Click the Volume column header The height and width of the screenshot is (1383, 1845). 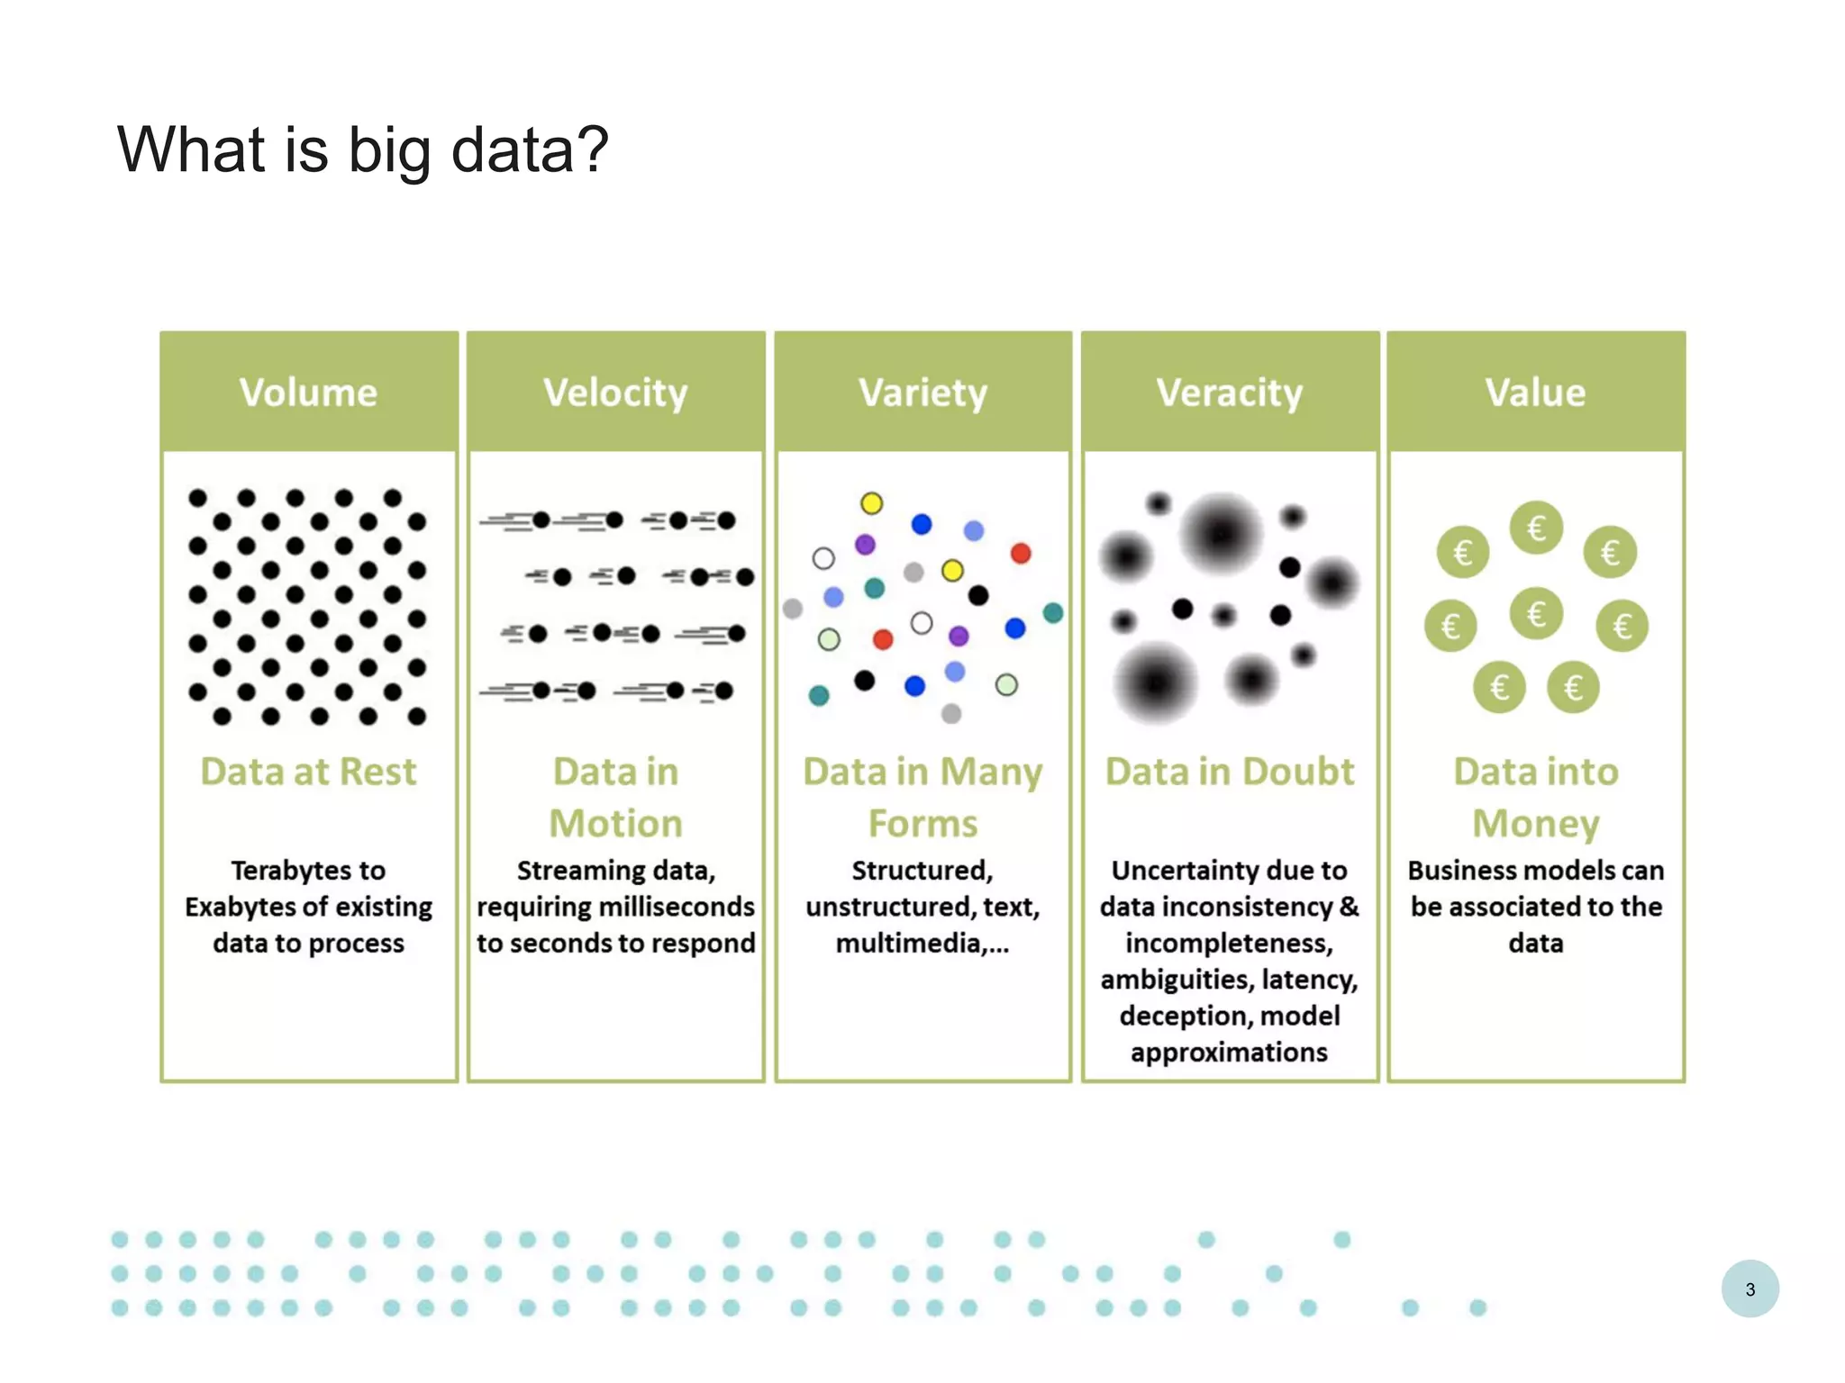(308, 393)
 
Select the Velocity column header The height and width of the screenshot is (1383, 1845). (615, 393)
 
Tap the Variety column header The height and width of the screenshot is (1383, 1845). (922, 393)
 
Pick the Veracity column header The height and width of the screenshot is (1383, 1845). (1230, 393)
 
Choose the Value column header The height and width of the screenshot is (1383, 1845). (1535, 393)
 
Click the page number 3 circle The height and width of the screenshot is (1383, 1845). (1750, 1288)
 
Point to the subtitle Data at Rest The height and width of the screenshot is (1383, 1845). (308, 772)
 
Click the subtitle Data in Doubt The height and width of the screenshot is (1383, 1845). (1230, 772)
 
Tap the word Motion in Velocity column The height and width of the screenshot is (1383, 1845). (615, 824)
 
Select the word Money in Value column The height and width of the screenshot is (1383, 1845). (1535, 824)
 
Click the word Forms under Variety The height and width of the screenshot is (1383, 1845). (922, 824)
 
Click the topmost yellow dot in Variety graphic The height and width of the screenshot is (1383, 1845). (871, 503)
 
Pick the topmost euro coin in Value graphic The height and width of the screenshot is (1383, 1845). (1536, 528)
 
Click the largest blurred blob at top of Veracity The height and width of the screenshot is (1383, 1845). (1221, 534)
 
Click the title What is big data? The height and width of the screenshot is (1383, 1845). (363, 149)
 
